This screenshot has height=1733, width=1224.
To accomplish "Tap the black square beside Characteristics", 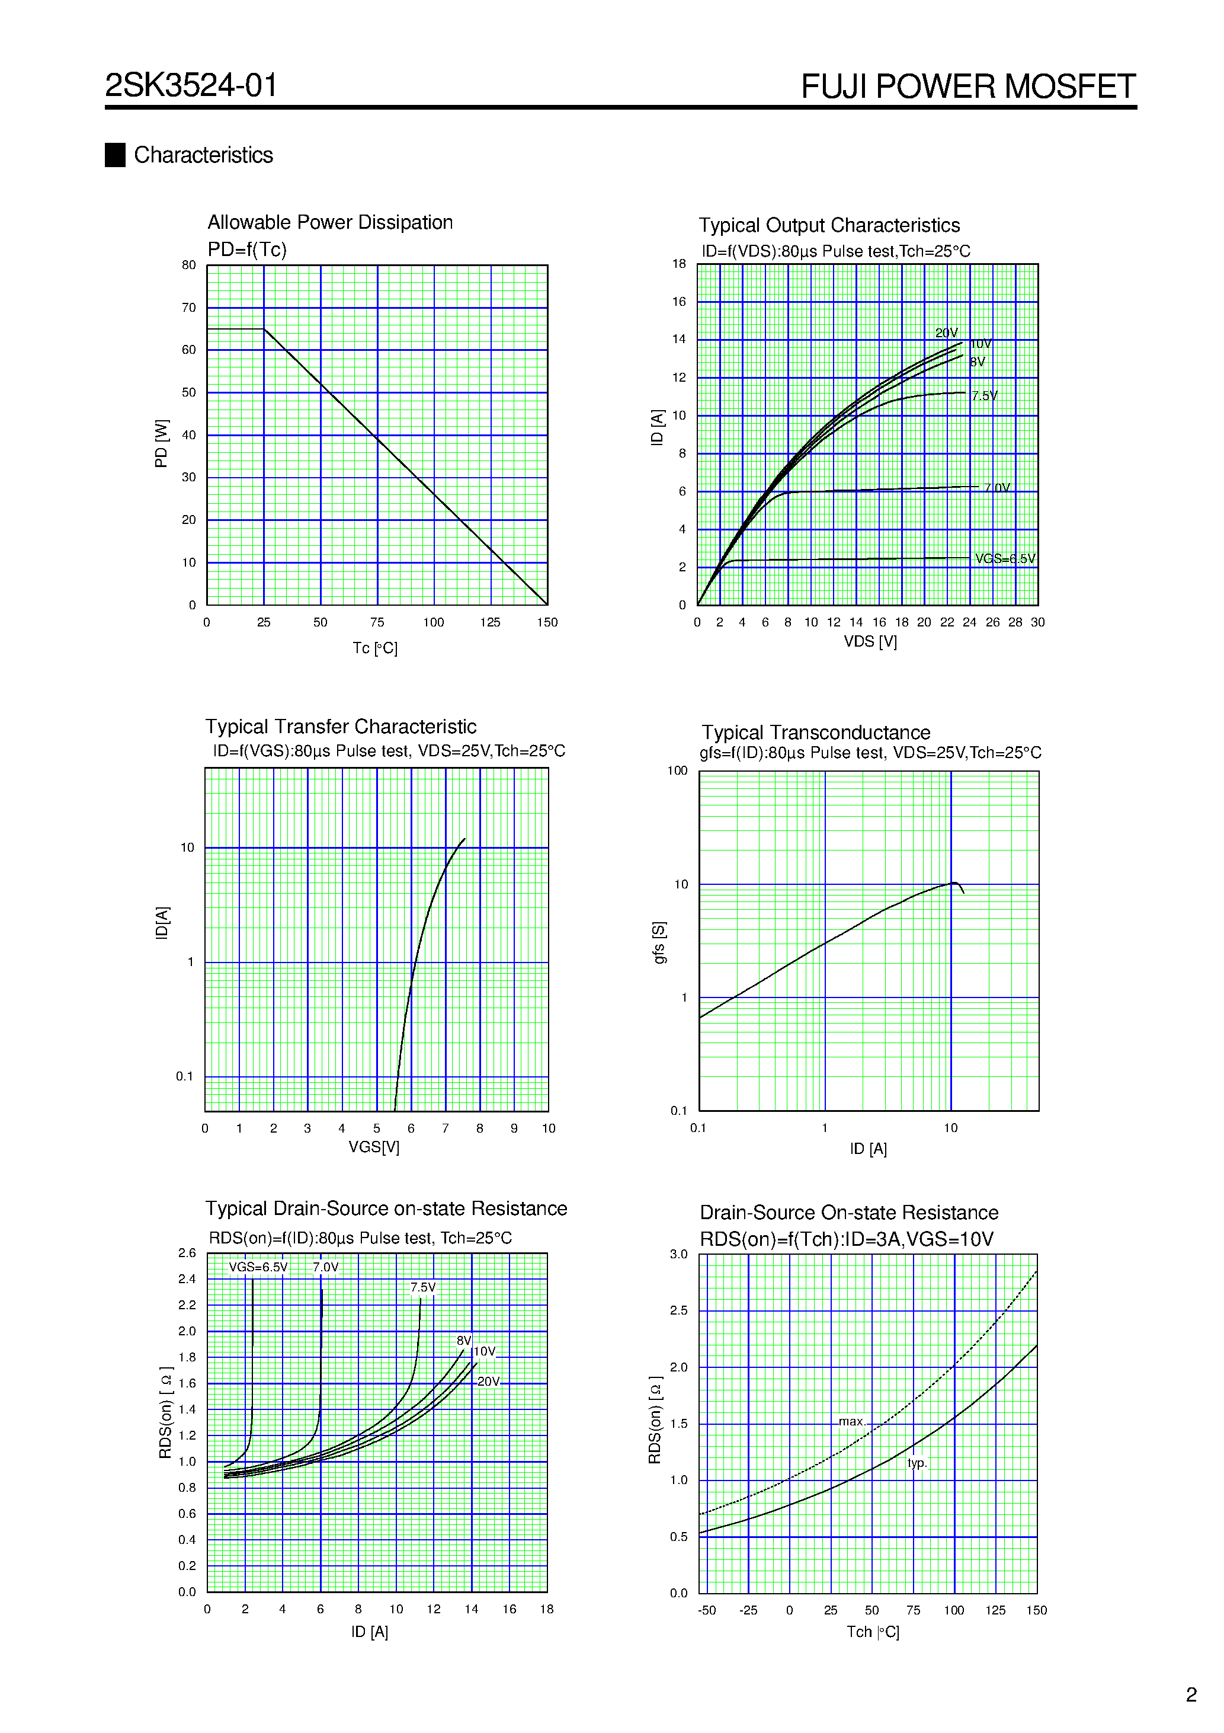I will (115, 155).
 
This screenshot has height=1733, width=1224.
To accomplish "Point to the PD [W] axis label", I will (161, 444).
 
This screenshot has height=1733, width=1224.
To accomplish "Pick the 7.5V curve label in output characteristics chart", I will (984, 395).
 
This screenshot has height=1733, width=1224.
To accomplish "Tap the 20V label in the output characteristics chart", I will (946, 333).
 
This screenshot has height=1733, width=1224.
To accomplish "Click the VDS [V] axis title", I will (870, 641).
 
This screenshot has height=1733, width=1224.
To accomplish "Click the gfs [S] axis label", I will (659, 942).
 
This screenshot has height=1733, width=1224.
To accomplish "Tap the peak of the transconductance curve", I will (954, 883).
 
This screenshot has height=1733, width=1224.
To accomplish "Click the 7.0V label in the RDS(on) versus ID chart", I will (325, 1267).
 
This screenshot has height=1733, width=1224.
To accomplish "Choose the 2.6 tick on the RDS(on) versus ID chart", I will (187, 1253).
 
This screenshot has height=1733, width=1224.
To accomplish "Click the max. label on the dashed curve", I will (852, 1421).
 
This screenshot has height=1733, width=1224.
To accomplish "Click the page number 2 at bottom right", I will (1191, 1694).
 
